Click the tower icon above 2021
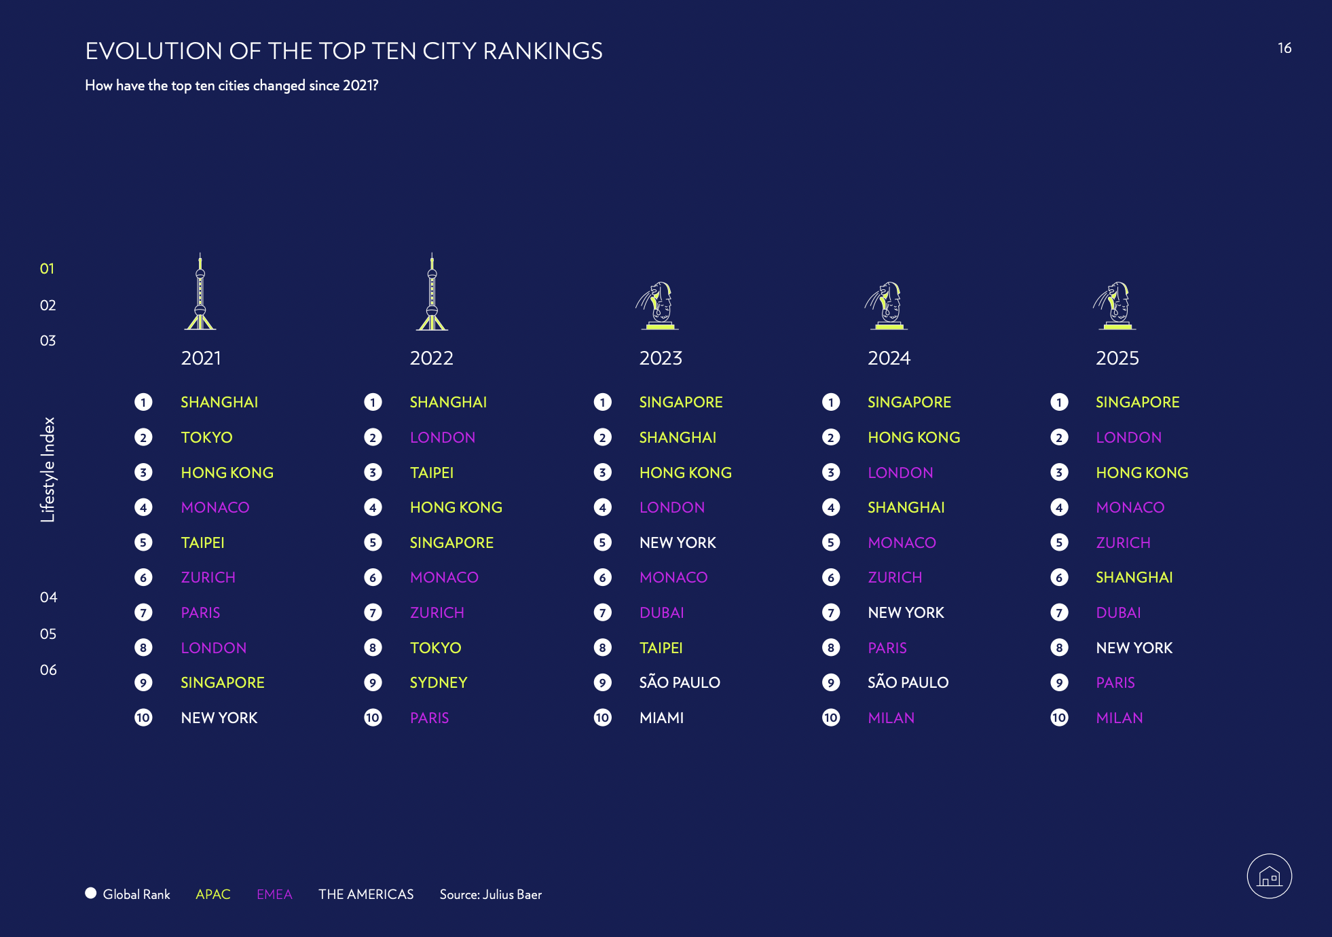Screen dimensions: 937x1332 pyautogui.click(x=200, y=293)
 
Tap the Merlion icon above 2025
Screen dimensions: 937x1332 pyautogui.click(x=1115, y=306)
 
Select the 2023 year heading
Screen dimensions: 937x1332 pyautogui.click(x=661, y=358)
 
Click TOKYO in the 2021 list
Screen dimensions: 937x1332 pyautogui.click(x=206, y=437)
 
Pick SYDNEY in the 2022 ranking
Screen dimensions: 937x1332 pyautogui.click(x=439, y=682)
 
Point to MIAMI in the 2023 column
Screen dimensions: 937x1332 pyautogui.click(x=661, y=718)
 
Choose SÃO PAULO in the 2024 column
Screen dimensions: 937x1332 pyautogui.click(x=908, y=682)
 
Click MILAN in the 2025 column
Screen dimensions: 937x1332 pyautogui.click(x=1120, y=718)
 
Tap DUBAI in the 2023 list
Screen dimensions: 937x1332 pyautogui.click(x=661, y=612)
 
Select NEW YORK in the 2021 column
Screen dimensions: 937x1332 pyautogui.click(x=219, y=718)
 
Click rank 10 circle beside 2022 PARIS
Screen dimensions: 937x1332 pyautogui.click(x=373, y=718)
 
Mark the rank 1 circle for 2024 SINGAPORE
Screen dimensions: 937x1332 pyautogui.click(x=831, y=402)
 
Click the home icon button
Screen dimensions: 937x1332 pyautogui.click(x=1269, y=876)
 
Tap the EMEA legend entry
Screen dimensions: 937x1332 pyautogui.click(x=274, y=894)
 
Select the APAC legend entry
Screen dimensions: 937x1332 pyautogui.click(x=213, y=894)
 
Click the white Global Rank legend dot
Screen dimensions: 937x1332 pyautogui.click(x=91, y=893)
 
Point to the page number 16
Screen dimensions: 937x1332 pyautogui.click(x=1284, y=48)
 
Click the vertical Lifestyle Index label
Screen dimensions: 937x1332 pyautogui.click(x=48, y=469)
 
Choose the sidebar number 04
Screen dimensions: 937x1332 pyautogui.click(x=48, y=598)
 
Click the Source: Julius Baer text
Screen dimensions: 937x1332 pyautogui.click(x=490, y=894)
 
